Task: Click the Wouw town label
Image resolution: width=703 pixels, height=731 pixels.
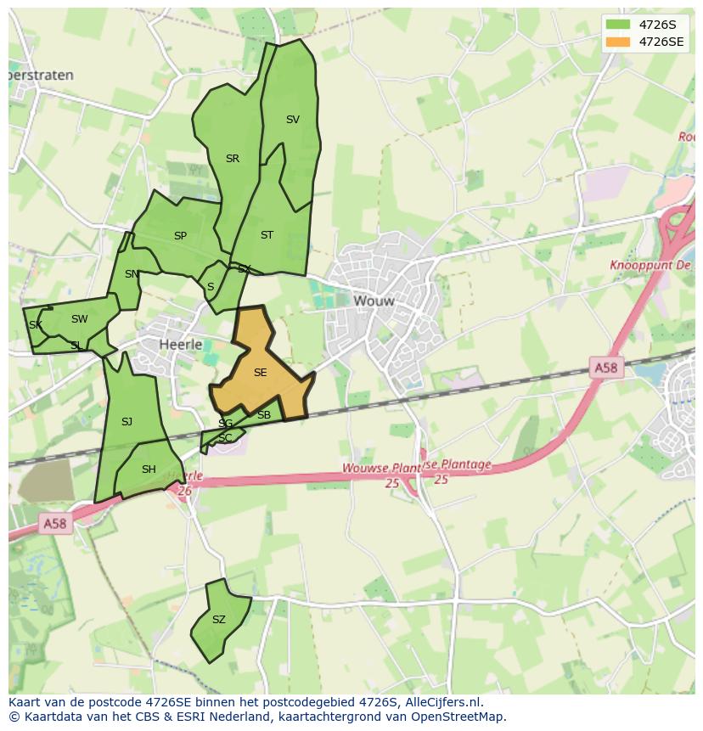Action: (x=374, y=301)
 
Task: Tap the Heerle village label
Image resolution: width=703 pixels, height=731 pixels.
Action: (x=181, y=344)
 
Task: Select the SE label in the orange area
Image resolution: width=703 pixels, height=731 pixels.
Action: (x=260, y=372)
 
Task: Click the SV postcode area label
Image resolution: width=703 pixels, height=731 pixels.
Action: (x=293, y=120)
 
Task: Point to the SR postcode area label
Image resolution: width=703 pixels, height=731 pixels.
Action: (x=233, y=159)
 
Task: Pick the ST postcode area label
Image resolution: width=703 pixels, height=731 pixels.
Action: (x=267, y=235)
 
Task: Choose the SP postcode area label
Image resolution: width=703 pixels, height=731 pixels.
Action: (x=180, y=236)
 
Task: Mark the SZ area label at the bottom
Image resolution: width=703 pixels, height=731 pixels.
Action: (x=219, y=620)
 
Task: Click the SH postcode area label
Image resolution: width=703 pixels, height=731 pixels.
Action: (x=149, y=470)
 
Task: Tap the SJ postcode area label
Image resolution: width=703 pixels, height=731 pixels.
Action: (x=127, y=422)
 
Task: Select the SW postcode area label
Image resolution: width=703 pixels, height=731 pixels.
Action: (x=79, y=319)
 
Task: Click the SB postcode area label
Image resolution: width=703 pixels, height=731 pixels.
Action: (x=263, y=415)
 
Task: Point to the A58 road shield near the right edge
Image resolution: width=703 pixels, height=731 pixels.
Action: (x=605, y=367)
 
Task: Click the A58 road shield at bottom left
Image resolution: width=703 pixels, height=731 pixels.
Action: (x=53, y=524)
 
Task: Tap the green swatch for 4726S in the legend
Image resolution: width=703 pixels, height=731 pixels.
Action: (x=618, y=25)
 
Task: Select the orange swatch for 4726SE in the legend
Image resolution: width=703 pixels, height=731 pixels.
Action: (x=618, y=42)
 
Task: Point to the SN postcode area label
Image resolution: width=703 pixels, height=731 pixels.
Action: (x=132, y=274)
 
